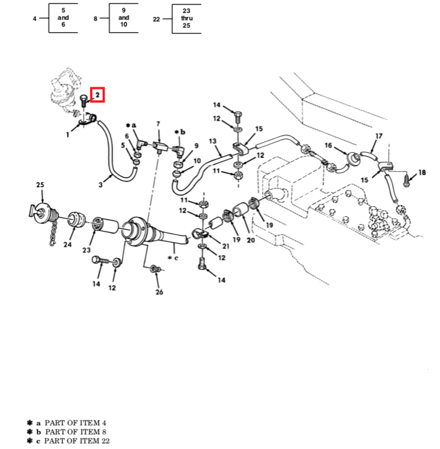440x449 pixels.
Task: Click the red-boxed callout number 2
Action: click(x=97, y=96)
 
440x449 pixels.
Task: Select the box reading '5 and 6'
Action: click(x=63, y=19)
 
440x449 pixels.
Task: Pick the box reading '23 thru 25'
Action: click(x=186, y=19)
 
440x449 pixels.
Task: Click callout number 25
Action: click(x=40, y=185)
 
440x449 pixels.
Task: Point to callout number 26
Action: click(x=159, y=292)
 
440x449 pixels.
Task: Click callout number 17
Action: click(x=379, y=136)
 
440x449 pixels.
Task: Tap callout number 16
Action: click(x=328, y=145)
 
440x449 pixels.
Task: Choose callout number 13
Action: click(x=212, y=141)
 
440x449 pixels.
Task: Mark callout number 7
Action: click(x=158, y=123)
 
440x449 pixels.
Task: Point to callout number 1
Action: click(x=68, y=134)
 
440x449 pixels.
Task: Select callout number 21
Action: click(x=225, y=245)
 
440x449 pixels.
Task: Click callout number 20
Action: click(x=251, y=239)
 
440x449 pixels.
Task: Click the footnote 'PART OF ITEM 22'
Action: click(x=77, y=440)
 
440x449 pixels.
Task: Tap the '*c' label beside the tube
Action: click(x=173, y=257)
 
